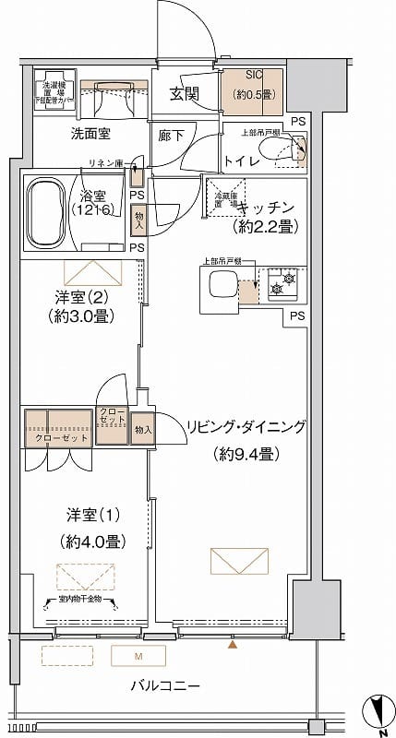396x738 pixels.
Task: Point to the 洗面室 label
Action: click(91, 134)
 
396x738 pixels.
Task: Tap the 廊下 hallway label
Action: click(172, 134)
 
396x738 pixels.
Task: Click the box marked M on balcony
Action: click(138, 657)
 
